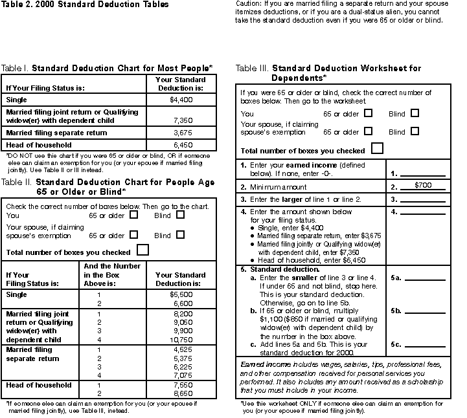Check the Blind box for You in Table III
click(415, 113)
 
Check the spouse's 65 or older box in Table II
click(134, 235)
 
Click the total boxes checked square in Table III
click(377, 149)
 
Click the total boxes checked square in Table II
click(142, 250)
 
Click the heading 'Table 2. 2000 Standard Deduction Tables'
click(85, 5)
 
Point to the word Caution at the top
click(248, 4)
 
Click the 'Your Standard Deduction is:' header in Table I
click(180, 83)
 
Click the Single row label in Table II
click(17, 294)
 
